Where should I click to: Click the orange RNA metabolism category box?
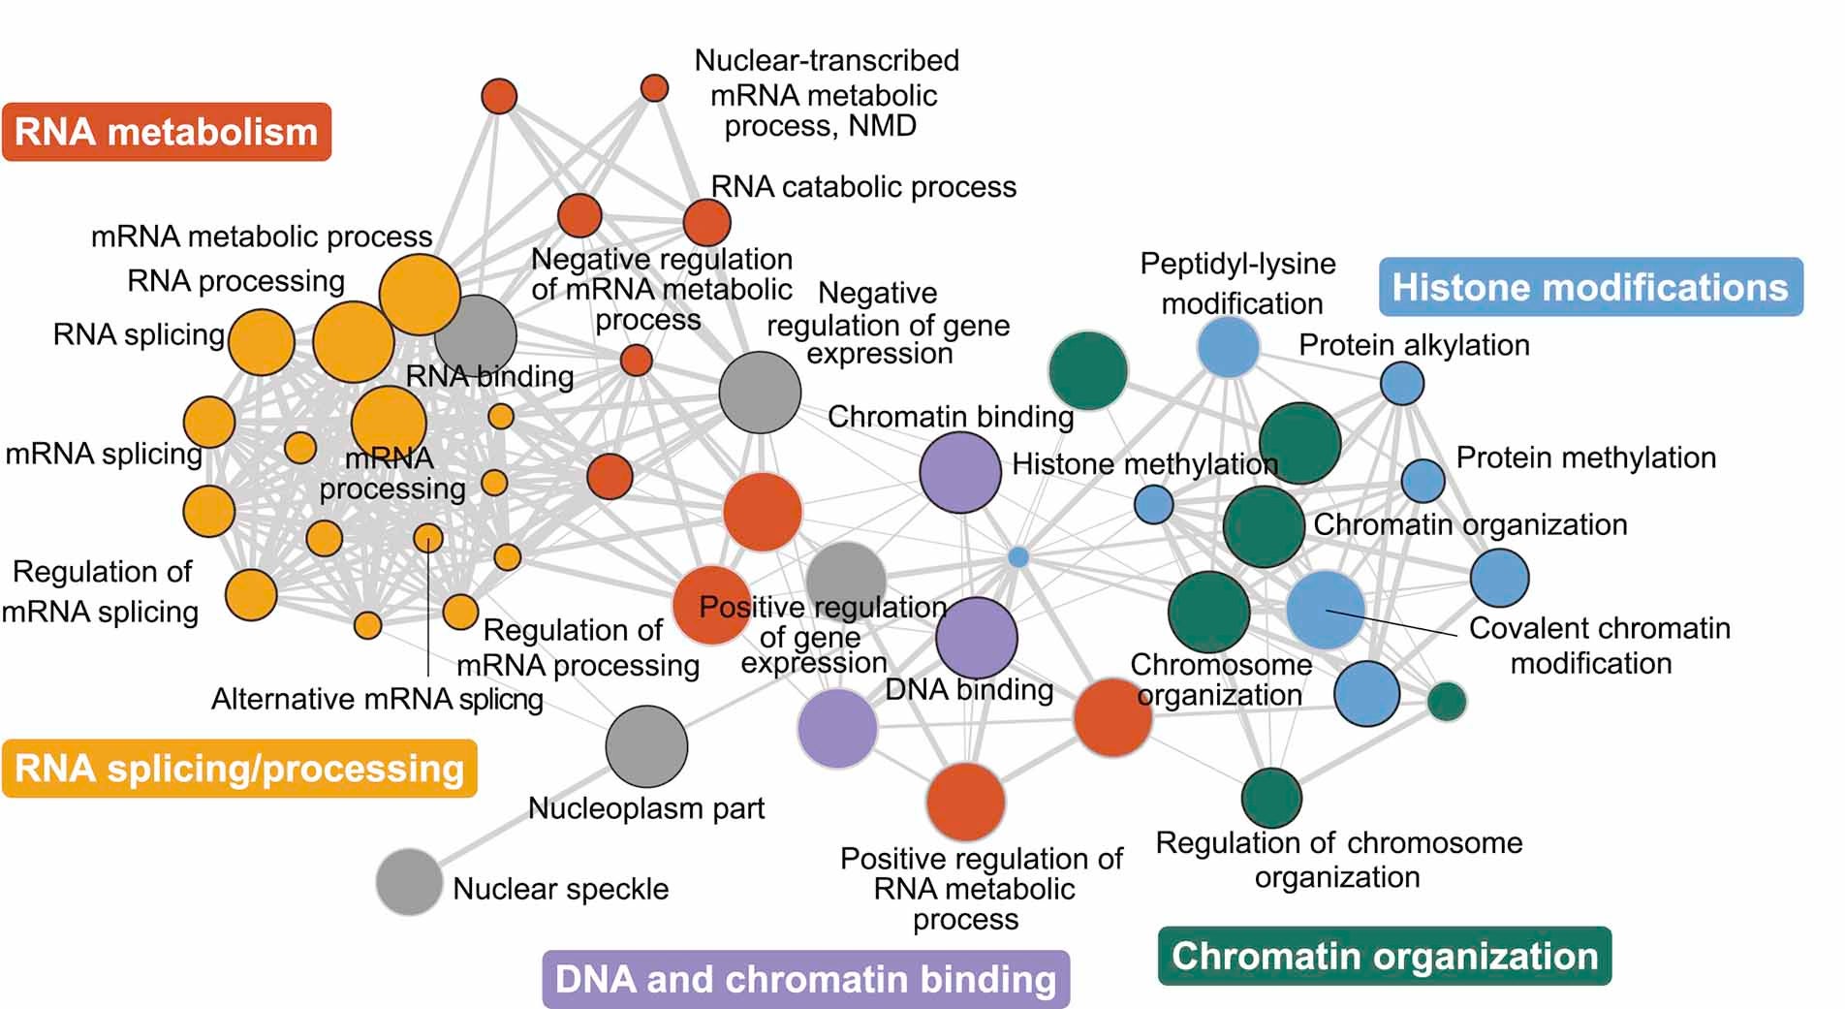166,132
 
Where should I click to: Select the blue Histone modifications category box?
1590,287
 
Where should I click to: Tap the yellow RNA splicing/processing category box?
239,769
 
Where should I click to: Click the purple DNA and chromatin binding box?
805,979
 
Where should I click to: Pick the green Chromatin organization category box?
1384,957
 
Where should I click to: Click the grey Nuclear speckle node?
409,881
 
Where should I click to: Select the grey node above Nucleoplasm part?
646,745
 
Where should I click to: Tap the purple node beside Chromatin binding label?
959,472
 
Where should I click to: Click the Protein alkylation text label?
1414,345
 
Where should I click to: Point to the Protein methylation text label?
1585,457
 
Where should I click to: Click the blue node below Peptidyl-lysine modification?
1228,348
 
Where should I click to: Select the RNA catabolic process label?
863,187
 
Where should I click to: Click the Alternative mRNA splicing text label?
377,699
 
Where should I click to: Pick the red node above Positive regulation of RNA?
965,801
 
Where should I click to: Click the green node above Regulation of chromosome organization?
1270,797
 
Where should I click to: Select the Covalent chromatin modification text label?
1598,646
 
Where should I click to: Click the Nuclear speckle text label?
560,889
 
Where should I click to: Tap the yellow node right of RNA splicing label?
262,342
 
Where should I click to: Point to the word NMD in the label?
882,126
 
